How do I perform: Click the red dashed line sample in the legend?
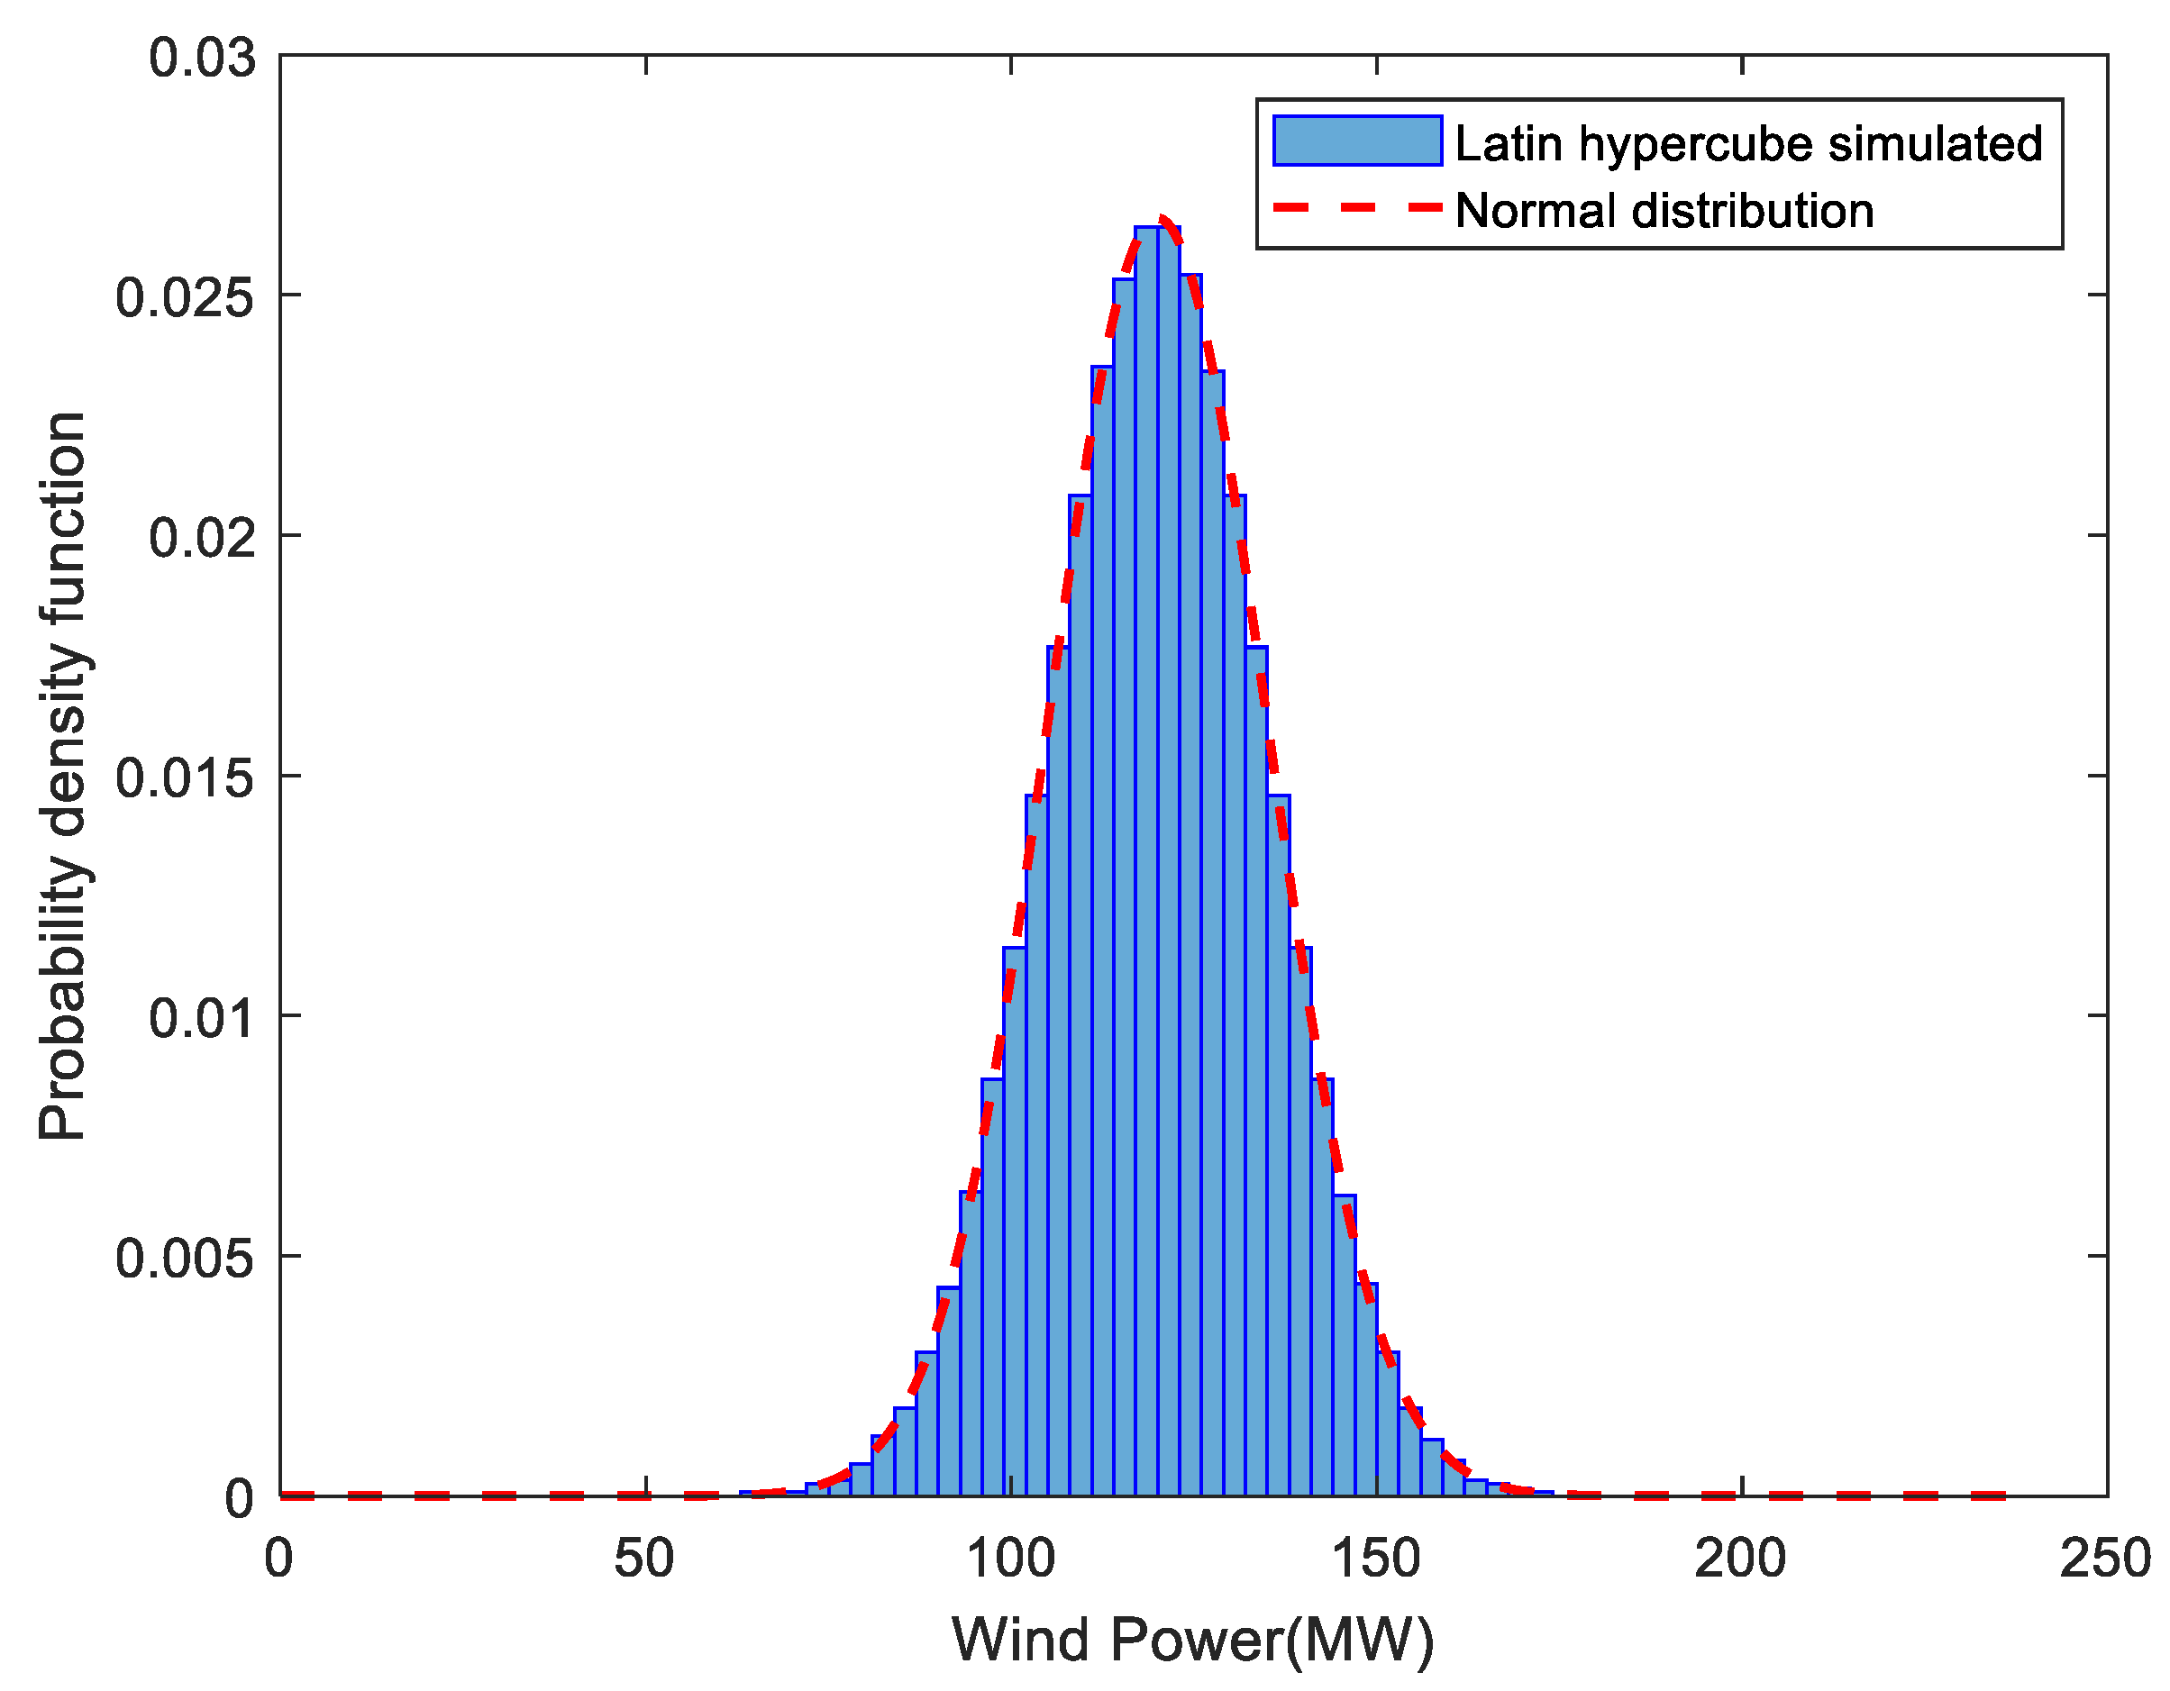tap(1356, 207)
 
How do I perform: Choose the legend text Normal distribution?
tap(1664, 211)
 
